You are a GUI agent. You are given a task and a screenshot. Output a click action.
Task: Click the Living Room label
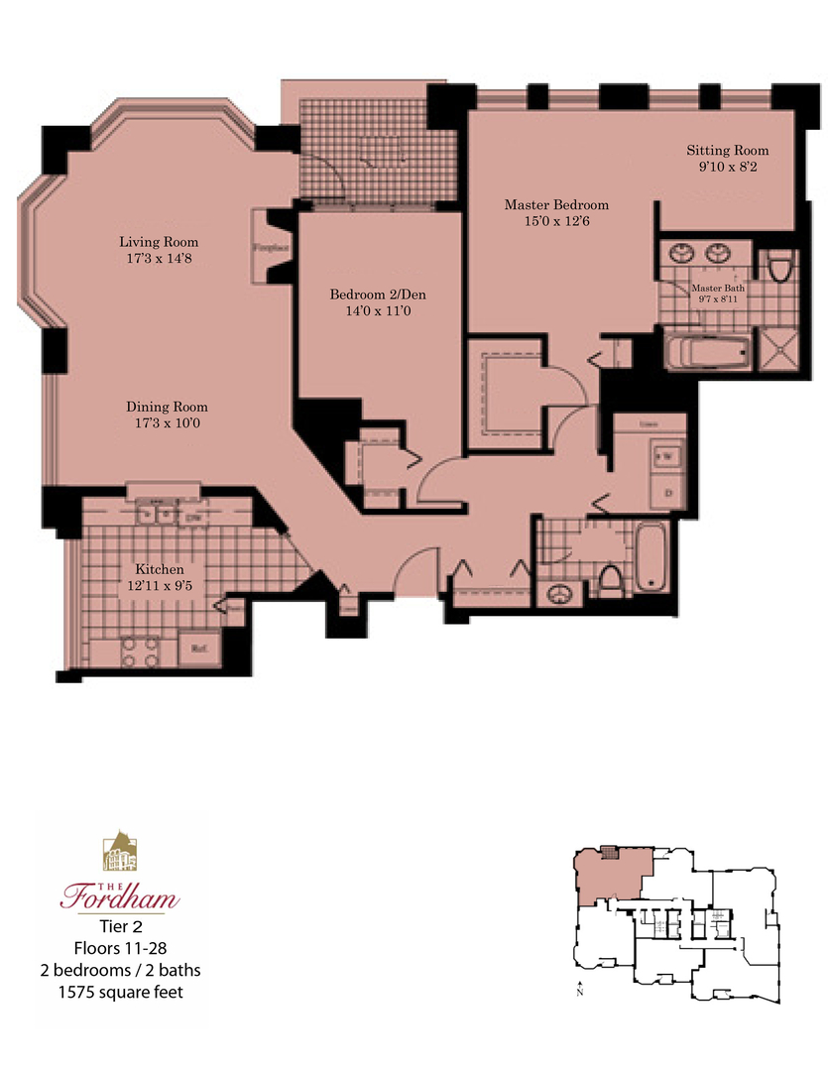(x=159, y=242)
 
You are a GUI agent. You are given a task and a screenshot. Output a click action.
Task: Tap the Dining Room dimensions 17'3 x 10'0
(x=167, y=423)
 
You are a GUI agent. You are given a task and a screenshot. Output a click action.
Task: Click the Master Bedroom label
(x=556, y=205)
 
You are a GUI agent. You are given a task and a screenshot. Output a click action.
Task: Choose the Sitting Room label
(x=729, y=151)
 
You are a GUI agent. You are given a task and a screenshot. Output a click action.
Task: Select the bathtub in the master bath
(x=707, y=351)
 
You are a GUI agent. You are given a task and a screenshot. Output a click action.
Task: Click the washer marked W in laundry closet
(x=662, y=455)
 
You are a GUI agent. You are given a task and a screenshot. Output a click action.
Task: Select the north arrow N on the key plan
(x=579, y=989)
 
